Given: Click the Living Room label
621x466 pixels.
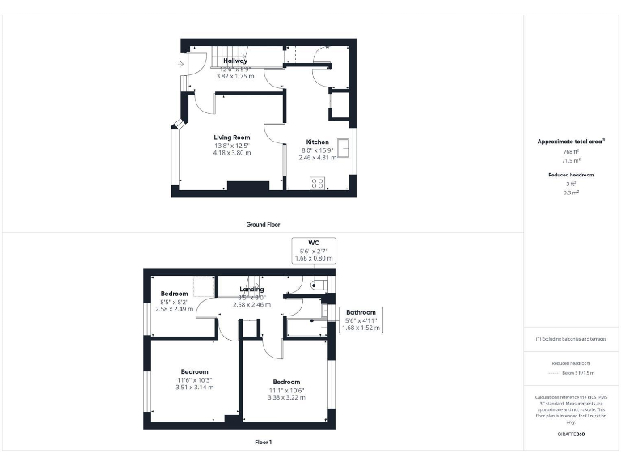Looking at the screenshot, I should pos(231,138).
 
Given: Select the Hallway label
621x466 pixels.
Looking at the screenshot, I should pos(235,61).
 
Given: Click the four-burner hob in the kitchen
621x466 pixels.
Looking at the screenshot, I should pos(318,183).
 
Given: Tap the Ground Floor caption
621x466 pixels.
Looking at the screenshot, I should pos(263,224).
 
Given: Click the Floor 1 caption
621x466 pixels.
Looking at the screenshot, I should pos(264,442).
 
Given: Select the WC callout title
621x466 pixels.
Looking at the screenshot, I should pos(314,242).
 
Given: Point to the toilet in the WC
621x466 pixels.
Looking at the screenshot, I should pos(319,284).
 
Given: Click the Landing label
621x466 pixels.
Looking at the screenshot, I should pos(252,289).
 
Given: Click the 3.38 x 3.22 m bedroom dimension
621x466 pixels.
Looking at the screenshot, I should pos(286,398).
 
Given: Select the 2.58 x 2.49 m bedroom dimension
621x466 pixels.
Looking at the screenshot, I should pos(174,309).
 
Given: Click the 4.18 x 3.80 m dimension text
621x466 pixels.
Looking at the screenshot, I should pos(232,153).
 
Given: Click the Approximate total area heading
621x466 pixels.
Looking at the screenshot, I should pos(571,142).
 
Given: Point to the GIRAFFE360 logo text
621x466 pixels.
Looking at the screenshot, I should pos(571,435).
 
